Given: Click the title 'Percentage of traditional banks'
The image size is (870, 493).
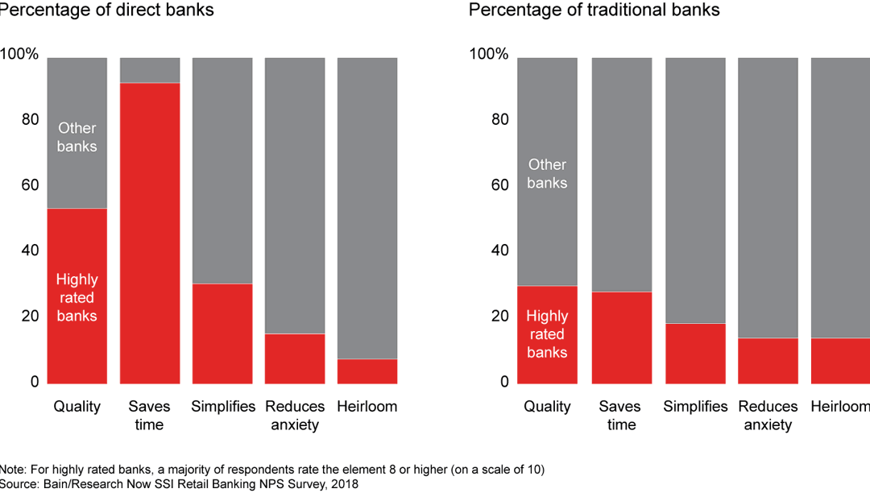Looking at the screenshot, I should (x=594, y=10).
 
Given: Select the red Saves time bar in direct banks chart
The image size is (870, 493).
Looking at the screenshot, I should (x=150, y=233).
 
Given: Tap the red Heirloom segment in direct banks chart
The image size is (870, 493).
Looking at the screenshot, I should (x=367, y=371).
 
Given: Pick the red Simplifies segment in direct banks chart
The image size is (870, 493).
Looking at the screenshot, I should (x=222, y=333).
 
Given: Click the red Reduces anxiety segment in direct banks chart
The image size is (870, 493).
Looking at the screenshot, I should (x=295, y=358).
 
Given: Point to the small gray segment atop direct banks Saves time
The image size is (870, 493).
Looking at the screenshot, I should (x=150, y=70).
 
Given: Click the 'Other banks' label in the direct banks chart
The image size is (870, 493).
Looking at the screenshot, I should (x=77, y=137).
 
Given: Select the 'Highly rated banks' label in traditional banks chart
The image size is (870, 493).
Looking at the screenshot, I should (x=547, y=333).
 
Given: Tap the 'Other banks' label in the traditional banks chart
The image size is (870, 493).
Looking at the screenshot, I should (x=547, y=173).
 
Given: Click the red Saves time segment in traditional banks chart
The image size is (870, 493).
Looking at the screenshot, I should (x=621, y=337).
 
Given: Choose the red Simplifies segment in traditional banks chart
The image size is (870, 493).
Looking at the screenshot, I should (x=694, y=352).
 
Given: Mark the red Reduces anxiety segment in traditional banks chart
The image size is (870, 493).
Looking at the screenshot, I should (x=768, y=359).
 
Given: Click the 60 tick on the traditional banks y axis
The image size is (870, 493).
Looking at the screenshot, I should (x=499, y=185).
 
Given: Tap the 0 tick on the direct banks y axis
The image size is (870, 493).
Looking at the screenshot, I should (x=33, y=382).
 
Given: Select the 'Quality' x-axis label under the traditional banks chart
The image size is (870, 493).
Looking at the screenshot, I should (x=547, y=407).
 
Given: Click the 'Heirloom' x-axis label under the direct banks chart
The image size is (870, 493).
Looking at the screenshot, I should (x=367, y=407).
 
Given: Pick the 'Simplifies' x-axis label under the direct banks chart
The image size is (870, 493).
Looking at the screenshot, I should (x=223, y=407).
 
